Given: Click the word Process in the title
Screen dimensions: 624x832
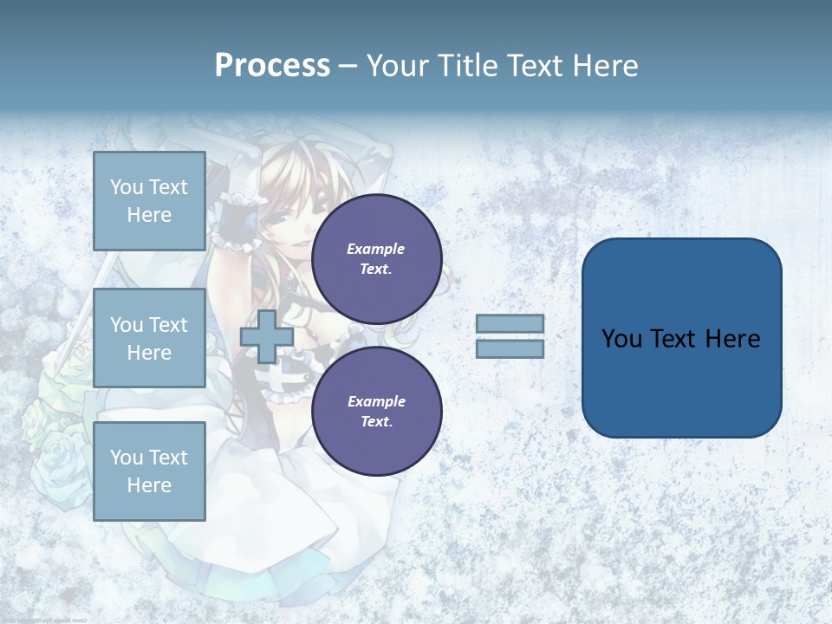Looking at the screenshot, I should (x=272, y=66).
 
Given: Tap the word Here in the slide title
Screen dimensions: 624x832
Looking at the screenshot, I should (x=604, y=66).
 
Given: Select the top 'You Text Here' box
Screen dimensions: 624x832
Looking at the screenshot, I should (x=149, y=201).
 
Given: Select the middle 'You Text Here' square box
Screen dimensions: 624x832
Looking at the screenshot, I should (x=149, y=338).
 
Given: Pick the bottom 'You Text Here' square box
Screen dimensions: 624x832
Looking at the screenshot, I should (x=149, y=471).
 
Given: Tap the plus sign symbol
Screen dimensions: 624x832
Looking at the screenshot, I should (x=266, y=336).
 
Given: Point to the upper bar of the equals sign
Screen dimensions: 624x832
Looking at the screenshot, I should (x=510, y=323).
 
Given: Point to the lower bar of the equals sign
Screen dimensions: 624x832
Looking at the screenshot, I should (x=510, y=348).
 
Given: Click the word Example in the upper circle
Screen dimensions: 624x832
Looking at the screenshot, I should (x=376, y=249).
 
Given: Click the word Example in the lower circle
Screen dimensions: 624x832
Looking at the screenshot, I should (x=376, y=401).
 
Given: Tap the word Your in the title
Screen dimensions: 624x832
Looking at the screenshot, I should (x=398, y=66).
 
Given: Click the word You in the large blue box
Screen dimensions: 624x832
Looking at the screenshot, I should (x=621, y=339).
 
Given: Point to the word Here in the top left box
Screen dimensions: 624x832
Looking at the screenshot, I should (x=149, y=215).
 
